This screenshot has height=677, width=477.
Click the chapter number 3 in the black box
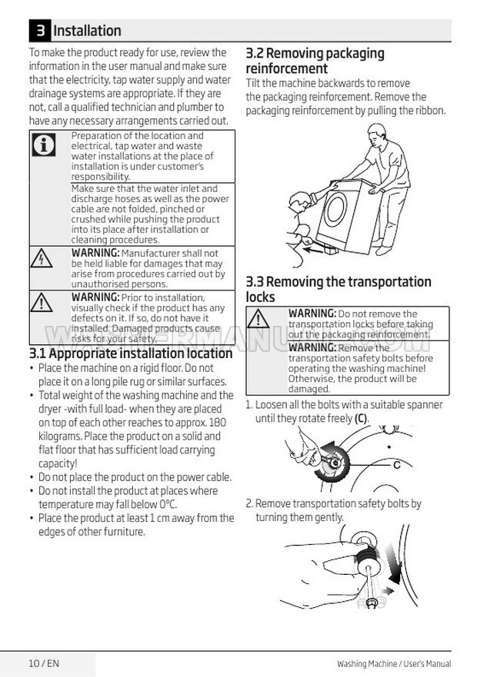40,30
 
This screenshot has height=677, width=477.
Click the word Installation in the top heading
88,31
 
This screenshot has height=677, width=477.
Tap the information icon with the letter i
44,144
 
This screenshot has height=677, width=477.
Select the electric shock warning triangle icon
42,258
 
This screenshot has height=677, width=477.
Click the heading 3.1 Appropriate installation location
131,353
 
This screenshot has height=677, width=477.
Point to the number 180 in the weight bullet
218,423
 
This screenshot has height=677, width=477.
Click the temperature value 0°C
168,504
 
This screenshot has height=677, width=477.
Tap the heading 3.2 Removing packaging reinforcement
315,61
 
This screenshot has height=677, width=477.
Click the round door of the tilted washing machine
335,208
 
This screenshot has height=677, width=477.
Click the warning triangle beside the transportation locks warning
259,319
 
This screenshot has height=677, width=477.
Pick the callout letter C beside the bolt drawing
396,465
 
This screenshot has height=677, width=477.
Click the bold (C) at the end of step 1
361,418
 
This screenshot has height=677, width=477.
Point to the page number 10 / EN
44,663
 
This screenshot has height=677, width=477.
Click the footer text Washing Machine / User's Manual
394,664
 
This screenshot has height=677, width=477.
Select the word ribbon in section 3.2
429,111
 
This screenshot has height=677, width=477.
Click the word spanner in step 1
426,405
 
